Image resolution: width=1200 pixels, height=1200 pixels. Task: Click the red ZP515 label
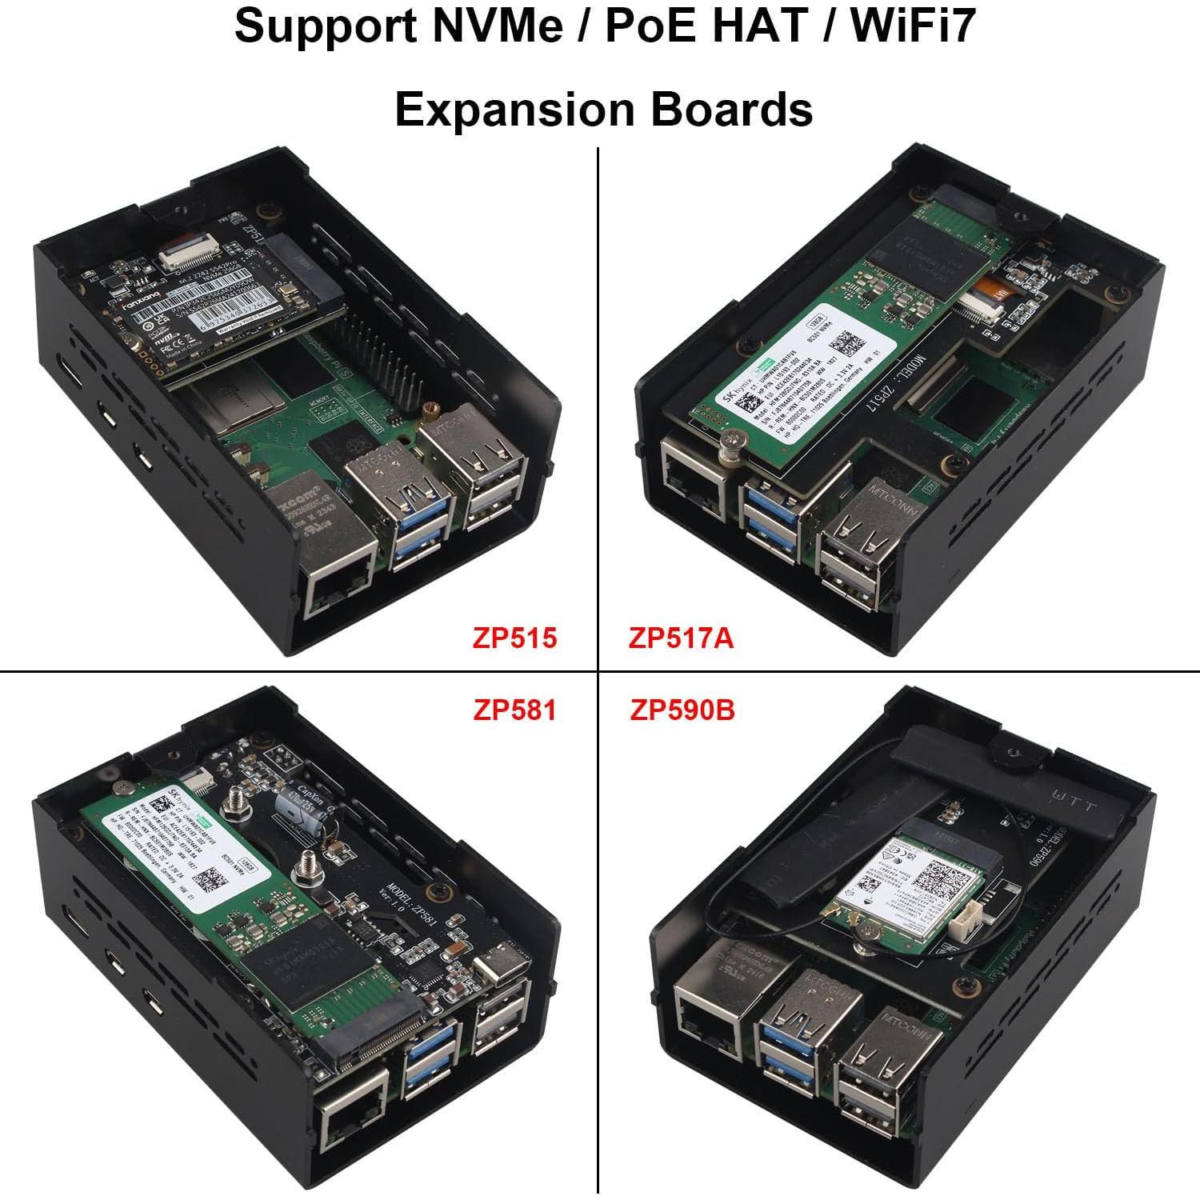(x=514, y=638)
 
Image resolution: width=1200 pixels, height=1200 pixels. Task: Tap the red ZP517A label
(x=681, y=638)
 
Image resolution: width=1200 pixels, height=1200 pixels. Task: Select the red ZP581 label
(x=514, y=710)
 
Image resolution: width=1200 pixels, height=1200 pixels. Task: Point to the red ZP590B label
(x=682, y=710)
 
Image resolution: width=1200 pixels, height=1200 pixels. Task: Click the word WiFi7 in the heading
(x=914, y=26)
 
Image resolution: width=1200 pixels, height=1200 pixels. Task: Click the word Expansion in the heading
(x=515, y=110)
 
